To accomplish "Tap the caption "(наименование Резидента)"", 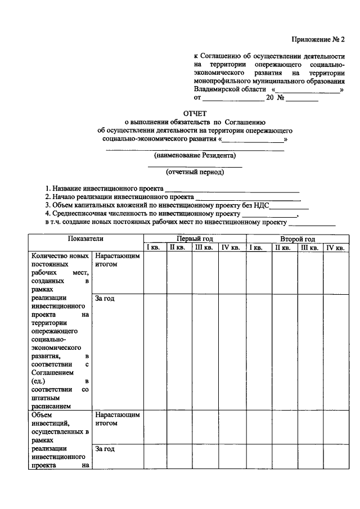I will (x=195, y=156).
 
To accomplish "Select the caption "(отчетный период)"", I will (x=195, y=172).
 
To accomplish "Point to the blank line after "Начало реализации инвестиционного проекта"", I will (x=247, y=198).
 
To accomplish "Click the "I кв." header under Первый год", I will (x=155, y=247).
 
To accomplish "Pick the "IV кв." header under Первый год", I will (x=231, y=247).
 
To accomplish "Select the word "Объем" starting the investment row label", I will (x=42, y=415).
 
